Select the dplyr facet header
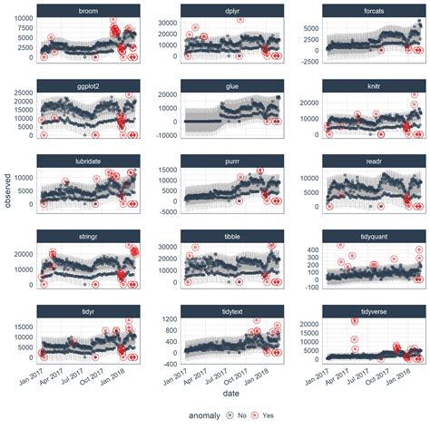pos(231,10)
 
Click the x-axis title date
pos(230,392)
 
